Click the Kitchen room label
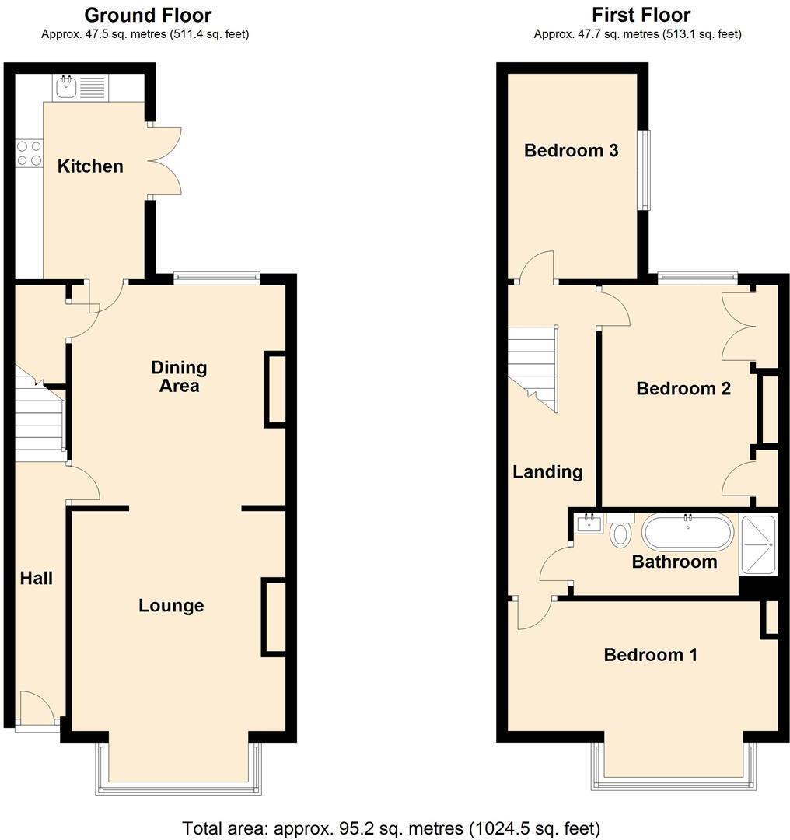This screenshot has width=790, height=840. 90,166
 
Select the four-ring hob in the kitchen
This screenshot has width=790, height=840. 28,152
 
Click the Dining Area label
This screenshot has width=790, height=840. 179,376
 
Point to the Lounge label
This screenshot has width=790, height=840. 171,605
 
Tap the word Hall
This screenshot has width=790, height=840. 37,578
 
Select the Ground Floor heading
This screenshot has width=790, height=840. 147,15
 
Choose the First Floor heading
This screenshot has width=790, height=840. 641,15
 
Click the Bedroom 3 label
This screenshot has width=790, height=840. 571,150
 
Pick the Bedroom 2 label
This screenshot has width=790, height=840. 683,388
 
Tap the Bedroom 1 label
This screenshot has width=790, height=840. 650,655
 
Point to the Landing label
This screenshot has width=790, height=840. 547,471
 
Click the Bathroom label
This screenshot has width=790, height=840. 674,562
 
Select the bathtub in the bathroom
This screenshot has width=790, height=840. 687,532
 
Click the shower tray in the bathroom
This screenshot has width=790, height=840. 758,545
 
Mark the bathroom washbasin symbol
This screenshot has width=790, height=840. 589,523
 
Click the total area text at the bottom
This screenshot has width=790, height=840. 391,828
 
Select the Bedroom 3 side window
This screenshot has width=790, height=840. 644,170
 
